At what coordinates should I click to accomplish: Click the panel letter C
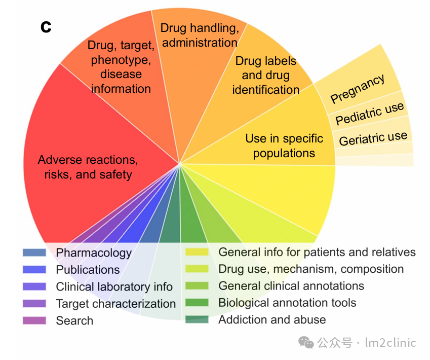point(46,27)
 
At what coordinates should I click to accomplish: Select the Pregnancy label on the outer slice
point(358,88)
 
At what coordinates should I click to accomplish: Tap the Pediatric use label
point(370,113)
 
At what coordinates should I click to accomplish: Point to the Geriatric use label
point(373,138)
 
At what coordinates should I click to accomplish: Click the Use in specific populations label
point(284,146)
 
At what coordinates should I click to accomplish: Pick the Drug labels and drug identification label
point(266,75)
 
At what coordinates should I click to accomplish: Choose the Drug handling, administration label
point(200,35)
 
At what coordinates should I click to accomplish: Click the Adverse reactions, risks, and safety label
point(88,167)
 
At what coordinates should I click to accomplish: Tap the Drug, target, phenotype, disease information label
point(121,66)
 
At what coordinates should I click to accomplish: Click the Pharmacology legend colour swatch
point(34,253)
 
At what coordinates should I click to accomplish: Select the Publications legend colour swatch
point(34,270)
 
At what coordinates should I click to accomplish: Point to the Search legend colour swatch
point(34,320)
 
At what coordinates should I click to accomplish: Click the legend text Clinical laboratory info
point(114,287)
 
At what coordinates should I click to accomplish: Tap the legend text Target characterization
point(115,304)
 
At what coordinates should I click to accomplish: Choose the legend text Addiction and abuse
point(272,320)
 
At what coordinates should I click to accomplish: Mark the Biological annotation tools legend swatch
point(197,303)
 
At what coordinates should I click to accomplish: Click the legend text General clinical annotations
point(291,286)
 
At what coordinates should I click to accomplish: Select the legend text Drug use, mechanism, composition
point(311,269)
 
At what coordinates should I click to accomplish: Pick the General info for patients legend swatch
point(197,252)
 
